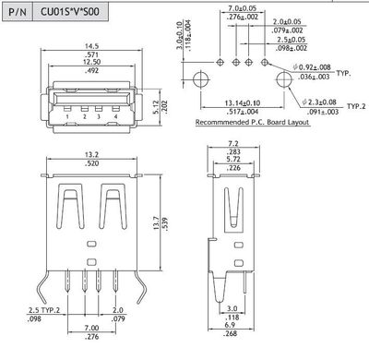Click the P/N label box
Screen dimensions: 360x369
pyautogui.click(x=21, y=16)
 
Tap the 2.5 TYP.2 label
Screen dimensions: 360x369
pyautogui.click(x=24, y=311)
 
